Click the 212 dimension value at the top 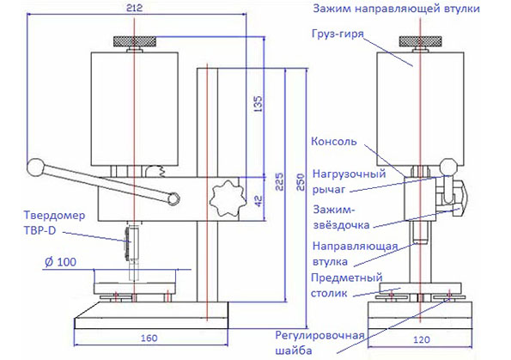134,8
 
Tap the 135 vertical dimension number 258,104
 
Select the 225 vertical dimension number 280,181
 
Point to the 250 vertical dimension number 301,182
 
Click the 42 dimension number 259,201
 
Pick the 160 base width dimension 149,338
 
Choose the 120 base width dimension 422,339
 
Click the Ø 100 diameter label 60,261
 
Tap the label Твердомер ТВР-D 54,223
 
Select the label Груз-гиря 338,34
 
